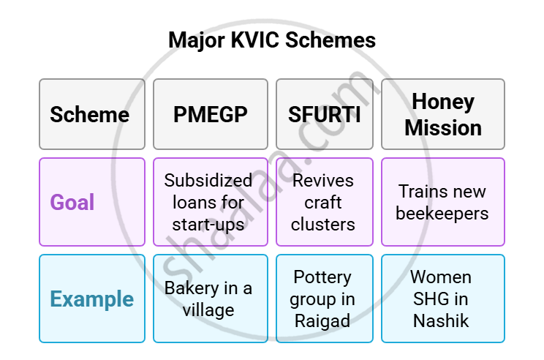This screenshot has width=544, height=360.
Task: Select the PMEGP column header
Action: [211, 114]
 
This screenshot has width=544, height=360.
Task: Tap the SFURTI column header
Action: [325, 114]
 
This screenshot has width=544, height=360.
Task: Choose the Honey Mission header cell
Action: [442, 114]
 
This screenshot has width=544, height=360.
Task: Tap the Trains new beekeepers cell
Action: [442, 202]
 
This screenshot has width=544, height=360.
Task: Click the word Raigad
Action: [322, 320]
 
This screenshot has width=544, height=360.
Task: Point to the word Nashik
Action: [442, 320]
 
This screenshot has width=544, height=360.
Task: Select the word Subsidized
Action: [208, 181]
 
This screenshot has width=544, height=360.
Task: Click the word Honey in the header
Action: [443, 102]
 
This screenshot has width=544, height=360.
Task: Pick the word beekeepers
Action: [442, 213]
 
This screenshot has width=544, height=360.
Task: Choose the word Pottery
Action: [322, 277]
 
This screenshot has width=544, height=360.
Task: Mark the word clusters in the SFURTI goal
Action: [322, 224]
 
